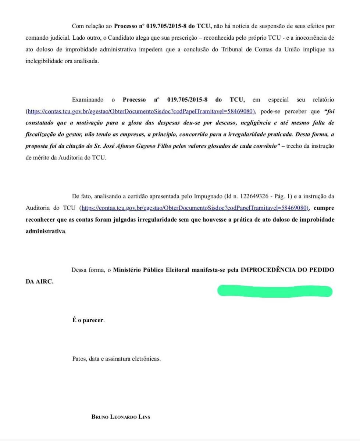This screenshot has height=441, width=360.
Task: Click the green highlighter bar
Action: tap(275, 291)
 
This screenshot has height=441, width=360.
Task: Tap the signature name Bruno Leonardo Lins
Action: tap(121, 417)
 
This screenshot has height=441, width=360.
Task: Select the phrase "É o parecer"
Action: tap(88, 320)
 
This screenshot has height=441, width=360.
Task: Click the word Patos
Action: tap(79, 359)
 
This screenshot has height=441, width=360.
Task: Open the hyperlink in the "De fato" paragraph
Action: tap(195, 208)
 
